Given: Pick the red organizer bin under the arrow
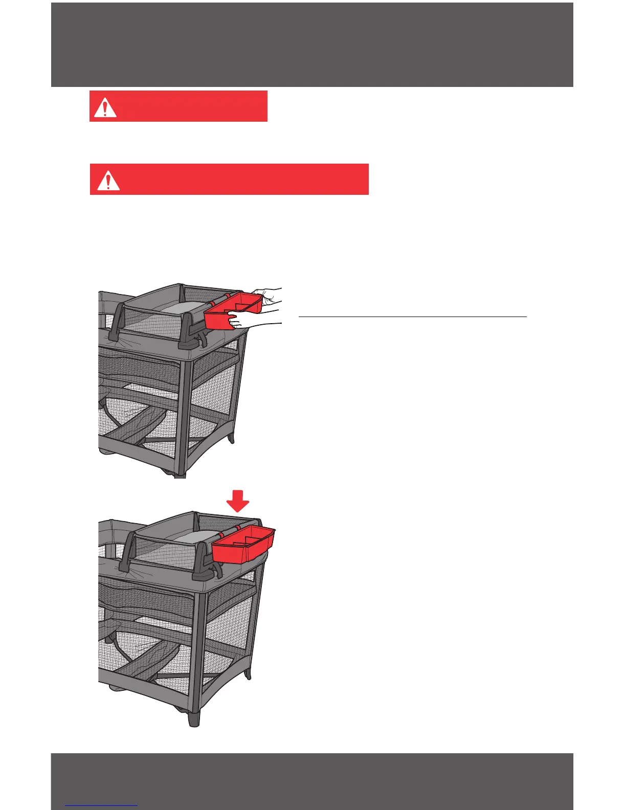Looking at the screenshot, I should [x=243, y=545].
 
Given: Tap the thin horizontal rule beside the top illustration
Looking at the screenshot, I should [x=412, y=317].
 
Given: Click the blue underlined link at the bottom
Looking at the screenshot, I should [x=102, y=806].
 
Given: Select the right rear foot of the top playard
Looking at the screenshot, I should [x=232, y=437].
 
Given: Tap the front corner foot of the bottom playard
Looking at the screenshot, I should [x=193, y=718].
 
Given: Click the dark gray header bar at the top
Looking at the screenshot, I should [x=312, y=45].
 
